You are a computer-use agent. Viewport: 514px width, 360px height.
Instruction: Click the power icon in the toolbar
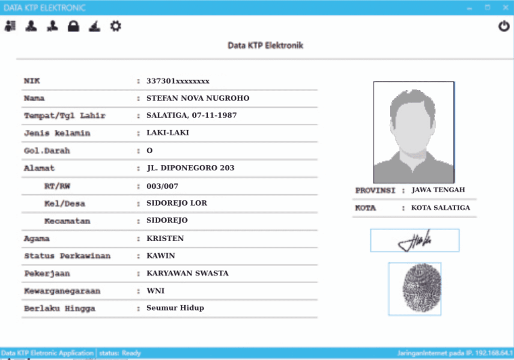point(504,27)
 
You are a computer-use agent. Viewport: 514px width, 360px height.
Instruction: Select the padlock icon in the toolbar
point(73,27)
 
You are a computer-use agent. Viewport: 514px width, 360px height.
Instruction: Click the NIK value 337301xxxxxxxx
point(178,81)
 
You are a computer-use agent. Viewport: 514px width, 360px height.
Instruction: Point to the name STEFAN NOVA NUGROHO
point(198,98)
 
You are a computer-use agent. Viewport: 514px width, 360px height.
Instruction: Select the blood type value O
point(149,151)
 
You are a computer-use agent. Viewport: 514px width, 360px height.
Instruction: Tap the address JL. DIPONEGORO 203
point(191,168)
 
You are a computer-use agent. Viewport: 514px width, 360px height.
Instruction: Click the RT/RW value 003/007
point(162,186)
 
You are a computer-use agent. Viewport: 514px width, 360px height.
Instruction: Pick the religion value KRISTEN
point(165,238)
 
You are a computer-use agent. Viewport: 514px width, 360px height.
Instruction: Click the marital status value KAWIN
point(161,256)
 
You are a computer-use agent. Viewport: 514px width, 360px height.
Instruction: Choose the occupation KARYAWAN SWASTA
point(188,273)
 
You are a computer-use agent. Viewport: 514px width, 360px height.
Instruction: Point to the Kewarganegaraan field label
point(62,291)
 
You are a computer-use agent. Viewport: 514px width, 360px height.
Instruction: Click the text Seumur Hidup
point(175,308)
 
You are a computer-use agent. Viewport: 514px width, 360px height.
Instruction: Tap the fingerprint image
point(415,289)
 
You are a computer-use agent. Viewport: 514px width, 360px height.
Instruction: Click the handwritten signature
point(415,241)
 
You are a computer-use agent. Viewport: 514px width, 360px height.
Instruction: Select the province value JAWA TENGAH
point(438,190)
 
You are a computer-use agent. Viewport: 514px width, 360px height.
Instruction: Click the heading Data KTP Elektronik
point(266,45)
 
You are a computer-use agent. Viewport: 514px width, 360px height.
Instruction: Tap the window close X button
point(505,8)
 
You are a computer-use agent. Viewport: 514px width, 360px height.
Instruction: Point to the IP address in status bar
point(495,353)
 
